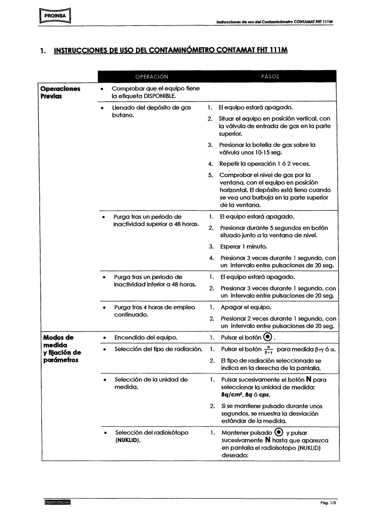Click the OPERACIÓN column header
(152, 77)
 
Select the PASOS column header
(270, 77)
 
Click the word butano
(124, 115)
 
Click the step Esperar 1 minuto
(244, 246)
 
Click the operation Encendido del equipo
(146, 338)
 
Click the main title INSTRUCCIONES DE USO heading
(171, 51)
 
